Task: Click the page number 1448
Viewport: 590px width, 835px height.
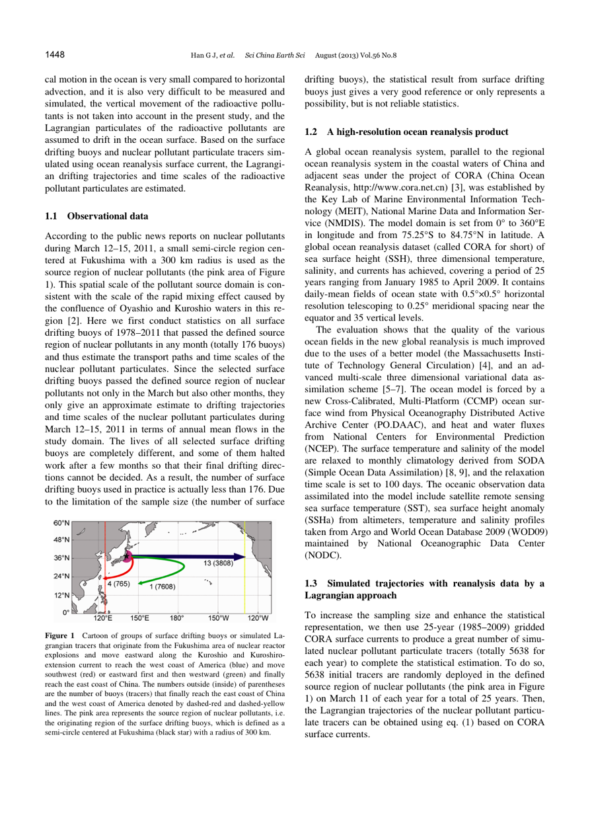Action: coord(54,54)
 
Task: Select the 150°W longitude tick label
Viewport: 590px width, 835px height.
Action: coord(219,580)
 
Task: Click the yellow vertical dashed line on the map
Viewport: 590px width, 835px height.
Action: coord(244,529)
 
